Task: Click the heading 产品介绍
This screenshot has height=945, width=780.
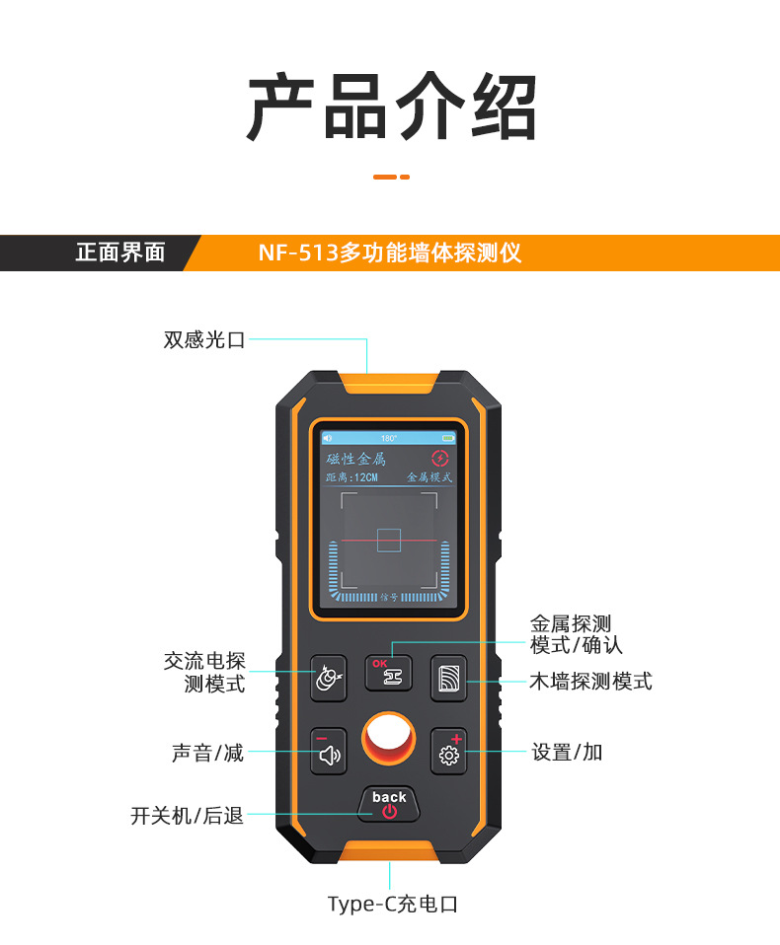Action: tap(391, 108)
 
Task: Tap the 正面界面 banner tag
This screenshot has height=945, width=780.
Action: tap(120, 253)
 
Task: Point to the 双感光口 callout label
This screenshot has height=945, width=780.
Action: tap(203, 340)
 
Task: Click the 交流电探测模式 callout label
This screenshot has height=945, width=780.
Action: tap(204, 672)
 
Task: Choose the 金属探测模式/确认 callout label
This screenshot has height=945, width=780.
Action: tap(577, 634)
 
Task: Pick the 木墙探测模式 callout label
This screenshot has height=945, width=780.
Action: tap(590, 682)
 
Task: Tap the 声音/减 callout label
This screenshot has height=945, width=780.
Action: tap(207, 753)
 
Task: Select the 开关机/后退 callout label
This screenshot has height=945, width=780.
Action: tap(187, 816)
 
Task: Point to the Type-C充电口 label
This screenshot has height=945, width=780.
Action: tap(393, 904)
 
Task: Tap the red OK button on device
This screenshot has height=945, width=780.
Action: tap(389, 673)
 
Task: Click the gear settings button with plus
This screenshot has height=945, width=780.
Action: tap(449, 753)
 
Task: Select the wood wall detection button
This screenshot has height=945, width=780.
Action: tap(449, 678)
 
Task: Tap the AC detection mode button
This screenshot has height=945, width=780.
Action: tap(329, 678)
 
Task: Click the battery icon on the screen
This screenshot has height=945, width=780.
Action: tap(448, 438)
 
